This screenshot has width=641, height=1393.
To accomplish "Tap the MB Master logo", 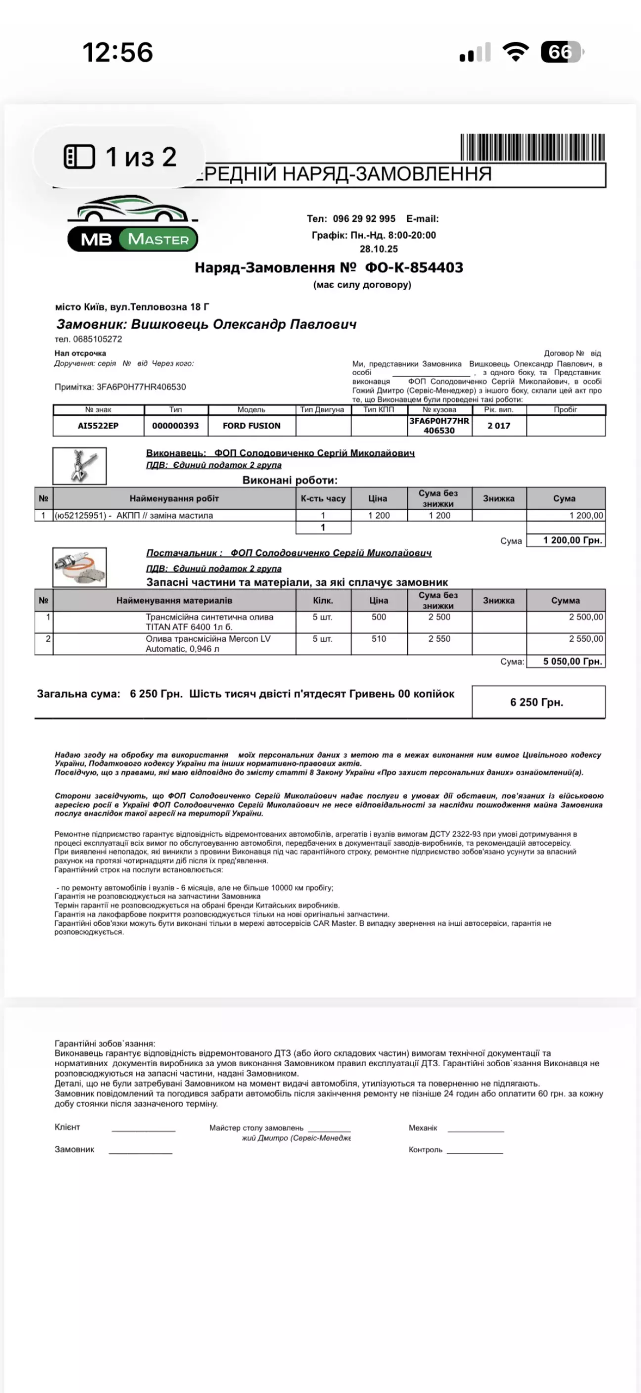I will [x=133, y=224].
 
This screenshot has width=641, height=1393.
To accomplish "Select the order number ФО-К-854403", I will [x=414, y=268].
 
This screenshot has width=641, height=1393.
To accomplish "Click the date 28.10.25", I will [x=379, y=249].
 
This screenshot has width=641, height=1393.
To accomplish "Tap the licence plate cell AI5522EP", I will [x=98, y=426].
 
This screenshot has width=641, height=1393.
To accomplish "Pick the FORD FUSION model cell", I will [x=252, y=426].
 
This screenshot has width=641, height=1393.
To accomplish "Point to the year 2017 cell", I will [x=499, y=426].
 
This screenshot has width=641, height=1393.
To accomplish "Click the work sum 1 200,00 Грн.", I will [x=572, y=540].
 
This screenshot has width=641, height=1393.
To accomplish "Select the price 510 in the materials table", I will [x=379, y=639].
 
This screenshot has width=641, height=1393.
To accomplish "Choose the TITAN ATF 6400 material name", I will [x=209, y=622].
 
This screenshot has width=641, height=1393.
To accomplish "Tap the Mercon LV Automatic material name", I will [x=208, y=644].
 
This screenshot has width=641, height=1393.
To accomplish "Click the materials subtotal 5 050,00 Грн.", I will [x=572, y=661].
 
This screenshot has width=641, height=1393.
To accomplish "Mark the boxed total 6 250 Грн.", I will [x=537, y=702].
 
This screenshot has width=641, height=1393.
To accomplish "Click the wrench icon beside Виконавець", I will [x=80, y=466].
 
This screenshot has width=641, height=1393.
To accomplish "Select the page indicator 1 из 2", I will [x=120, y=157].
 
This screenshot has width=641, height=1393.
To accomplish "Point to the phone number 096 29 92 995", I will [x=364, y=219].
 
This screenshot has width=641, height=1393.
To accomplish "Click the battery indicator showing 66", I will [x=561, y=52].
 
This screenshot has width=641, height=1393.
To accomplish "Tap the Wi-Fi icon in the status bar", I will [x=515, y=52].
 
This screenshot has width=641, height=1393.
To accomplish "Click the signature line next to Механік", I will [x=475, y=1131].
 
